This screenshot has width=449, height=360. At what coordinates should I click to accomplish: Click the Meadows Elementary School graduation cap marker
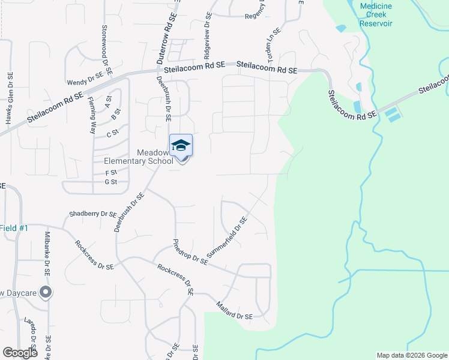coord(181,146)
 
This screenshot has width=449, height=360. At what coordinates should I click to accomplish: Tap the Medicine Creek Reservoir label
coord(376,14)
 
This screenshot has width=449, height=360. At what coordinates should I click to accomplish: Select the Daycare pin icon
coord(46,293)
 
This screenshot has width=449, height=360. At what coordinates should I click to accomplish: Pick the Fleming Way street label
coord(93,115)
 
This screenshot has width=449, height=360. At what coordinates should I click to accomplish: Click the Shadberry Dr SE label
coord(92,214)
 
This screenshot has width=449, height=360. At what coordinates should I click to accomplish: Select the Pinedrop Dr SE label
coord(190,252)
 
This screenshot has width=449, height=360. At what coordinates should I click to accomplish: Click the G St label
coord(110,182)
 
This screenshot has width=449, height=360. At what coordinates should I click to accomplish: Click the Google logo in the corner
coord(19,353)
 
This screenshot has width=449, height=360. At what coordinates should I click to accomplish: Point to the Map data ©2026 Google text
coord(412,355)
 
